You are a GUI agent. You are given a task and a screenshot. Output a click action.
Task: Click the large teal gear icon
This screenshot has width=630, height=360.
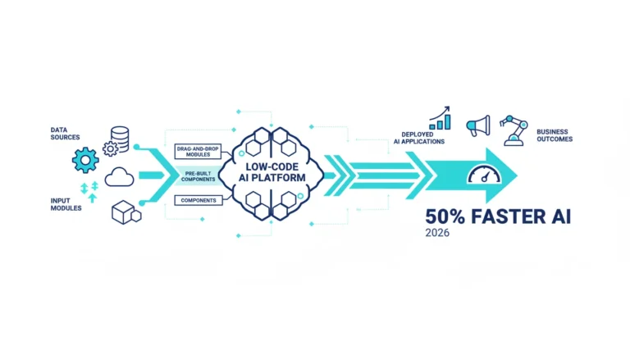[x=85, y=160]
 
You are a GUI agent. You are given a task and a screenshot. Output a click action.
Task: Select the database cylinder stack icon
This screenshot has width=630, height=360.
[x=120, y=139]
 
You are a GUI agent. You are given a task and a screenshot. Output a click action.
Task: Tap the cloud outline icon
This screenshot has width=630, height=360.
[x=119, y=177]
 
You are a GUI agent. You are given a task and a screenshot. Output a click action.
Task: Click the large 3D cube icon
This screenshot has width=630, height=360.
[x=124, y=212]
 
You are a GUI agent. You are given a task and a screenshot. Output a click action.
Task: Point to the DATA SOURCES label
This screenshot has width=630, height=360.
[x=65, y=134]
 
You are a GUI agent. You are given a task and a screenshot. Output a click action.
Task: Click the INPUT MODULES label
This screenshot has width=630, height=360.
[x=66, y=204]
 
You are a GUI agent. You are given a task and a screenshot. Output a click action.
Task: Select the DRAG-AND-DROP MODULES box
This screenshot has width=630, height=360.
[x=198, y=152]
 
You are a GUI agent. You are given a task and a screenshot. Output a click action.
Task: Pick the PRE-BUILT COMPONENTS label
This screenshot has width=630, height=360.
[x=198, y=176]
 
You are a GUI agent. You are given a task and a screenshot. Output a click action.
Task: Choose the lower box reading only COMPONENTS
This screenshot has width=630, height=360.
[x=199, y=200]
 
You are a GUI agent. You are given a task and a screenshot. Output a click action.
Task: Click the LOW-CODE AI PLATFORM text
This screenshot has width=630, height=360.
[x=272, y=172]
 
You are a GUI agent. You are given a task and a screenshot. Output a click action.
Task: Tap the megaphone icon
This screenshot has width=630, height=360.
[x=478, y=125]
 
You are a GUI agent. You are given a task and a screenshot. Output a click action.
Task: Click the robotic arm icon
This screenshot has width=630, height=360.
[x=514, y=130]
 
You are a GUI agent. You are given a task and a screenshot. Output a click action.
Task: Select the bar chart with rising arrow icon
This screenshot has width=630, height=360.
[x=440, y=118]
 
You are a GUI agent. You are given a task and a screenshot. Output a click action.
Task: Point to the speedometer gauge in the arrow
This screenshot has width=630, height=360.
[x=484, y=175]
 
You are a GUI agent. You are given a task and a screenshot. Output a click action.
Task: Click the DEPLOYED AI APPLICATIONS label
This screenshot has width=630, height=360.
[x=418, y=138]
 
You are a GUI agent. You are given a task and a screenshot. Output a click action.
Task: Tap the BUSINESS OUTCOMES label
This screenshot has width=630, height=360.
[x=555, y=135]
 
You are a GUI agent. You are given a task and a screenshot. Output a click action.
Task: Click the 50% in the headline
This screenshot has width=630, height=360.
[x=445, y=216]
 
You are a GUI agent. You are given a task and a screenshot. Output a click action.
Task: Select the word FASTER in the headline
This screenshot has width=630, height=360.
[x=509, y=216]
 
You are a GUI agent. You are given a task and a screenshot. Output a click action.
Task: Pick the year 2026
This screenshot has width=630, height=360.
[x=437, y=233]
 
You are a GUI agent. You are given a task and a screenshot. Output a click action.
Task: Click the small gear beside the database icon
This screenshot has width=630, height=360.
[x=110, y=148]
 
